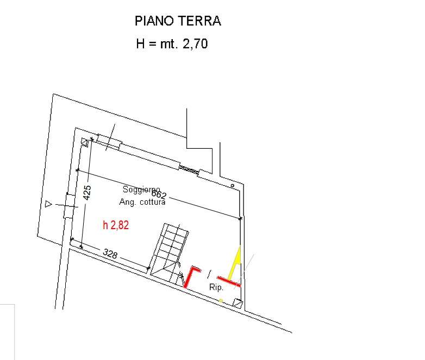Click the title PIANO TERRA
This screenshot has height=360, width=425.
click(x=178, y=21)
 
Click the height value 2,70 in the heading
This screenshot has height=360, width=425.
click(x=195, y=44)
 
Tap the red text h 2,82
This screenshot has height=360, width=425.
click(x=116, y=225)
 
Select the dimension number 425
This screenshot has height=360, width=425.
click(x=87, y=193)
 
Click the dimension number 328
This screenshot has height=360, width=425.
click(x=110, y=254)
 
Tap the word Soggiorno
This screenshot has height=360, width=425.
click(x=141, y=190)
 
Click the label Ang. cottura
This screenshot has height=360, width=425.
click(x=142, y=202)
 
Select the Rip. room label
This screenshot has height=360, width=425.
click(x=216, y=287)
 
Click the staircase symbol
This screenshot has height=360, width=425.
click(x=170, y=253)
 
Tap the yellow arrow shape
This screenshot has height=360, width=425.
click(x=235, y=263)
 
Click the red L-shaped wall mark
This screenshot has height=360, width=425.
click(x=191, y=276)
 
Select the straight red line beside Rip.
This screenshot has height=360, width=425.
click(x=229, y=281)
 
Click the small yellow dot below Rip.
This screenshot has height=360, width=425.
click(x=221, y=300)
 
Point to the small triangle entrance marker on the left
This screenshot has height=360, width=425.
click(x=48, y=204)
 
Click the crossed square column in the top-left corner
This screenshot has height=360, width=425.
click(x=85, y=142)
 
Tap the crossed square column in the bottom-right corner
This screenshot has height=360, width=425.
click(x=237, y=303)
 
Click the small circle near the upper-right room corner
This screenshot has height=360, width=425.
click(x=232, y=186)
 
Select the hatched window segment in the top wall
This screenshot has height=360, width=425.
click(x=189, y=169)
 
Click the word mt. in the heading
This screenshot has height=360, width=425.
click(x=169, y=44)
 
